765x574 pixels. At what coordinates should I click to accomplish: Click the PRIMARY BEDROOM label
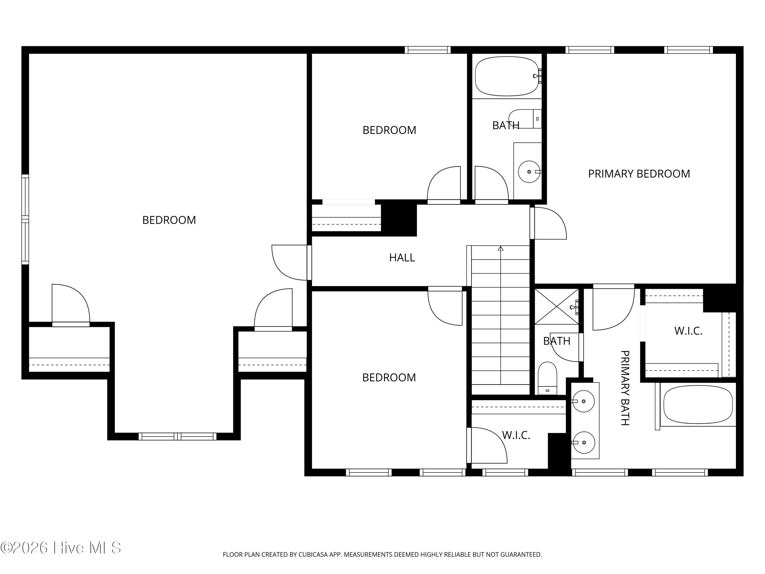coord(639,174)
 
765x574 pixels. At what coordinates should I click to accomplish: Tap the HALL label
coord(402,257)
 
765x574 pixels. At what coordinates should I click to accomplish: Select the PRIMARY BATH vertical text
coord(624,388)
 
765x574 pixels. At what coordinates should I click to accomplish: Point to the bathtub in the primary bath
coord(698,404)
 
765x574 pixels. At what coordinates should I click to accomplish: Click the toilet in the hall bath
coord(525,119)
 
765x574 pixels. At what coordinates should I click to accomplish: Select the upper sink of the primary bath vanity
coord(583,401)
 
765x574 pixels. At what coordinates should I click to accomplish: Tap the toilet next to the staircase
coord(547,378)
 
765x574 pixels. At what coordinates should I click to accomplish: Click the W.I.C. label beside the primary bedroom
coord(688,331)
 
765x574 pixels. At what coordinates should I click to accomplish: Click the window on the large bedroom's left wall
coord(25,219)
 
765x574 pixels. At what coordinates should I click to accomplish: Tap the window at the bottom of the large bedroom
coord(177,437)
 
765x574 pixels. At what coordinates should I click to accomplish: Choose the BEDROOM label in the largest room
coord(169,220)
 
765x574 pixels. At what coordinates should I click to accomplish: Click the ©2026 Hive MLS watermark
coord(61,548)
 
